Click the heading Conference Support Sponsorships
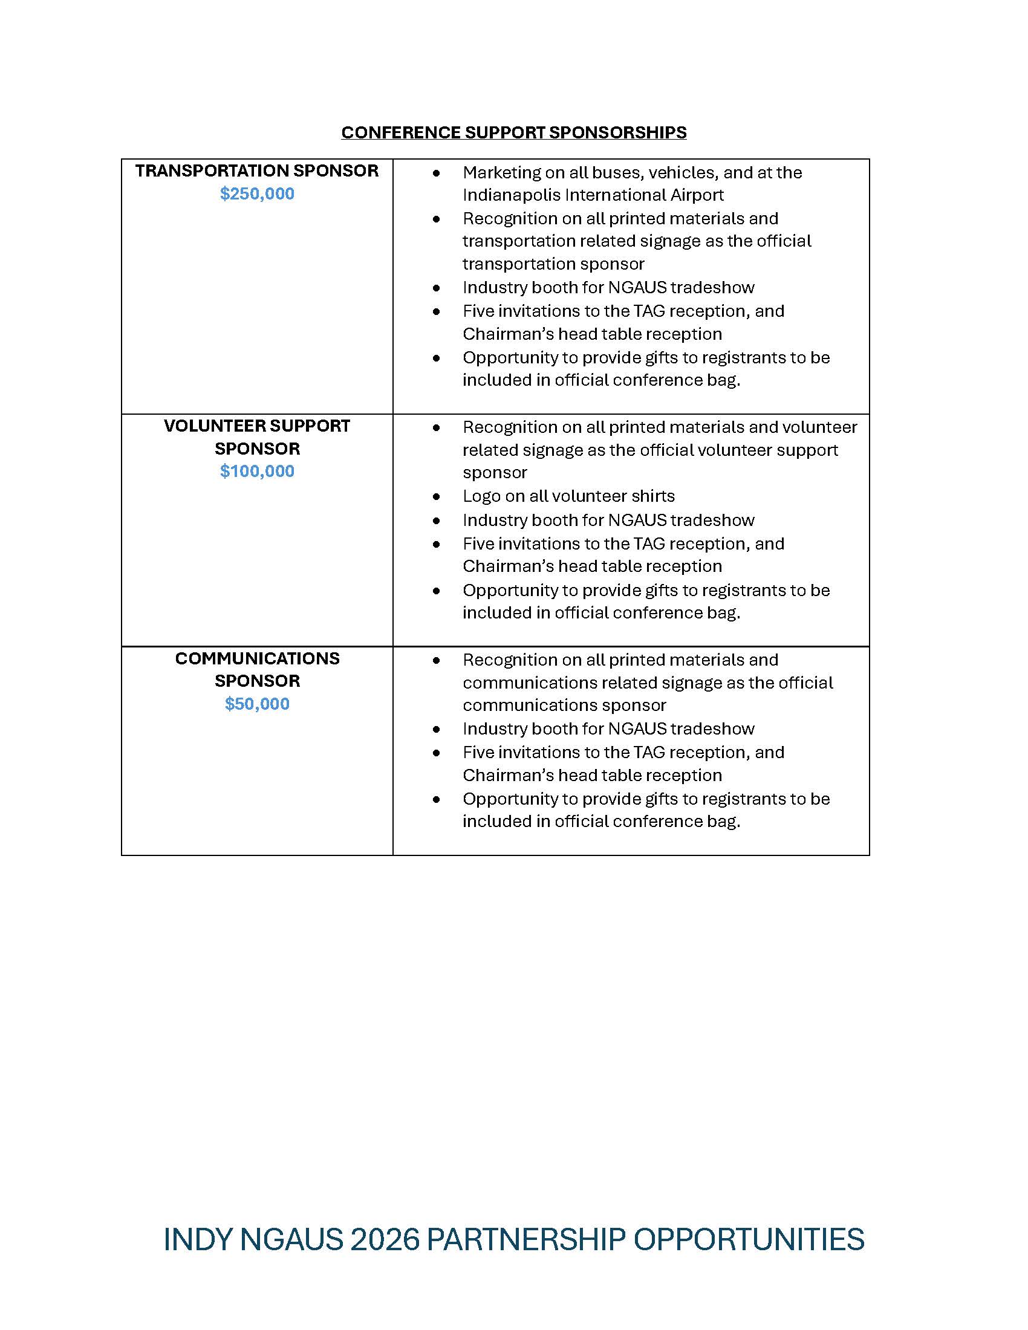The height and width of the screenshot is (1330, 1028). tap(513, 132)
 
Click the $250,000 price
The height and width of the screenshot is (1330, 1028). tap(257, 193)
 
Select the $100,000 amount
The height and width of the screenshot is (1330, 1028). tap(257, 471)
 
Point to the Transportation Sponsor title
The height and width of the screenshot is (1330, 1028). tap(257, 170)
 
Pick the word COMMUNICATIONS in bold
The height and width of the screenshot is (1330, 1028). tap(257, 658)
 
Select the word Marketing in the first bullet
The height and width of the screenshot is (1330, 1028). tap(501, 172)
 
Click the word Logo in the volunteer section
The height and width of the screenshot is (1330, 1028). tap(481, 496)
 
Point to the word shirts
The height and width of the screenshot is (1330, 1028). tap(652, 496)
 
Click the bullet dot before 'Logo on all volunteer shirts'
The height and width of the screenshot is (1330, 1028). tap(436, 497)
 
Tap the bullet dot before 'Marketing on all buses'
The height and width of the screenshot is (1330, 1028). tap(436, 174)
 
